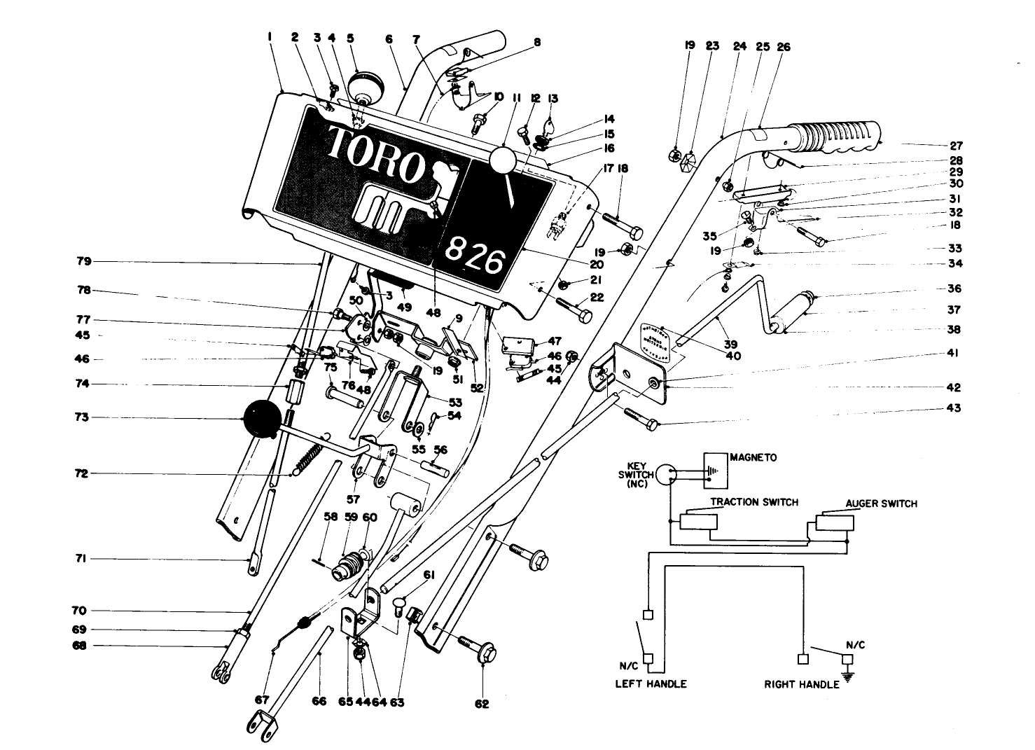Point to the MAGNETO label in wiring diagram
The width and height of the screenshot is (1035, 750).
[x=753, y=457]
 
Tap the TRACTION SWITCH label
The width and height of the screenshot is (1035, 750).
[x=753, y=502]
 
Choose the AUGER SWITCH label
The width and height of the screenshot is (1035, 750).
[x=880, y=504]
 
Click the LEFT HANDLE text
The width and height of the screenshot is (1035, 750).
[x=651, y=683]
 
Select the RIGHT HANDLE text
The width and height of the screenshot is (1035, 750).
[x=801, y=684]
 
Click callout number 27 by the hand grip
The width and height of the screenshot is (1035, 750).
[x=956, y=146]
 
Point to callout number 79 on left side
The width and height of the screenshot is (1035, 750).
[x=84, y=262]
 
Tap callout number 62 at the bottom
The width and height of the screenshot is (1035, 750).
[x=482, y=704]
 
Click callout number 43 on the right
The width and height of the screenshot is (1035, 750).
[x=953, y=408]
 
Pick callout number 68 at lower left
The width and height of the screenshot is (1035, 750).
[x=80, y=646]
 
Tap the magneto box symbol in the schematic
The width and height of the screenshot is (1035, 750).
[x=714, y=470]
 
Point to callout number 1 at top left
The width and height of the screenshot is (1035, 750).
[x=270, y=39]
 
